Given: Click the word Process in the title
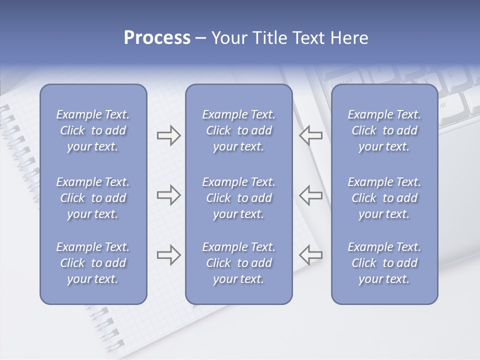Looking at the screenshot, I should [x=157, y=38].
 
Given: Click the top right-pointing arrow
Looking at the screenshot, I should [x=168, y=135].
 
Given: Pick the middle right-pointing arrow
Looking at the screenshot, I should [x=168, y=195].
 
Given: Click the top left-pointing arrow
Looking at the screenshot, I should [x=310, y=135].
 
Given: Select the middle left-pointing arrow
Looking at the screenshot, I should [x=310, y=195].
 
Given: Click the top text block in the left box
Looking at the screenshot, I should [x=93, y=130].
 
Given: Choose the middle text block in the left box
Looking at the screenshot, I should [x=93, y=198].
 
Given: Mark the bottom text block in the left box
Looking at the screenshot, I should [x=93, y=263].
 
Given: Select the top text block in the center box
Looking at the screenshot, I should [x=239, y=130].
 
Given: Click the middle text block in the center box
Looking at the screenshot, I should [x=239, y=198].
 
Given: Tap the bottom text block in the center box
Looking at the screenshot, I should [x=239, y=263].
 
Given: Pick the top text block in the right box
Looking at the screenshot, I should [x=384, y=130].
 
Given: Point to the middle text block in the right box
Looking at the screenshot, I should [x=384, y=198].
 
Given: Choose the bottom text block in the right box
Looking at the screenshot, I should [x=384, y=263].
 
